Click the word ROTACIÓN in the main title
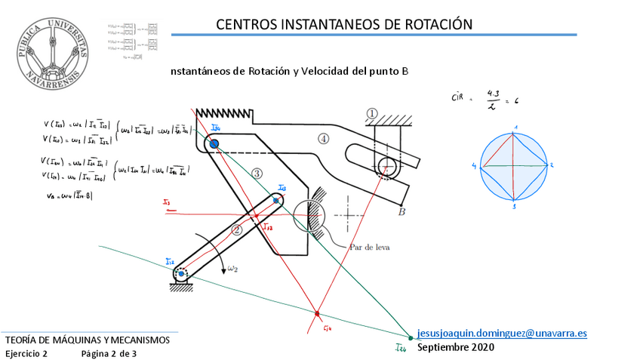(x=437, y=24)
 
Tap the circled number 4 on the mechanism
(x=323, y=138)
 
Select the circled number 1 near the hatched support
(x=372, y=113)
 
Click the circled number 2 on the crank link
(x=236, y=230)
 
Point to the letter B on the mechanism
(x=402, y=212)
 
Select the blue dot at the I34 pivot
(x=214, y=143)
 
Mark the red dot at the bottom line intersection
(x=318, y=312)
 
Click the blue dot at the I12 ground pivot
(x=181, y=273)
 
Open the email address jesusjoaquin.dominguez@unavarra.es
(x=502, y=333)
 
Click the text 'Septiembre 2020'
(x=456, y=347)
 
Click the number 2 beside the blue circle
(x=552, y=164)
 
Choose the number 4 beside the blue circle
(x=475, y=165)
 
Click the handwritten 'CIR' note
(x=457, y=97)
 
